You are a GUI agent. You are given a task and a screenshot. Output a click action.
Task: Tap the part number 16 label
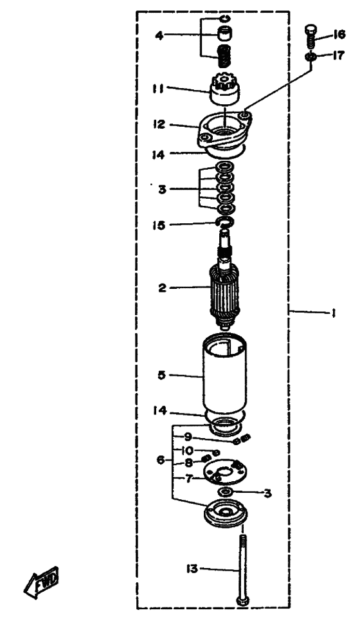coord(339,35)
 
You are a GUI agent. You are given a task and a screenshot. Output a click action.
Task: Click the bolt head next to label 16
coord(310,30)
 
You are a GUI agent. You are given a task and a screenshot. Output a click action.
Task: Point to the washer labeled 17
coord(311,57)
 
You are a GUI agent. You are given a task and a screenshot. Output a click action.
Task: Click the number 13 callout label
coord(192,569)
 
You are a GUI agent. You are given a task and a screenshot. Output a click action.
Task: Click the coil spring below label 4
coord(225,57)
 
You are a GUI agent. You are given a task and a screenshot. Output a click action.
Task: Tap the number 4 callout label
coord(159,36)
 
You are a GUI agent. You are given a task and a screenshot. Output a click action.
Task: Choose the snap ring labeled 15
coord(225,222)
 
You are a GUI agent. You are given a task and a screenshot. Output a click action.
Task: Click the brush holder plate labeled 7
coord(225,472)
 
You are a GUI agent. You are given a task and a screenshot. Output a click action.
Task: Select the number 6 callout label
coord(160,460)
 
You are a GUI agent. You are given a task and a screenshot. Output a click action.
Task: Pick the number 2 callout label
coord(162,288)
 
